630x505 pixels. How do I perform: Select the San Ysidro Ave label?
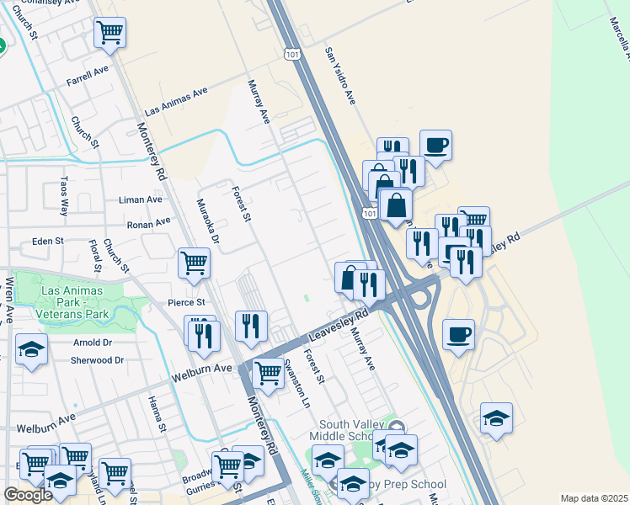(x=340, y=76)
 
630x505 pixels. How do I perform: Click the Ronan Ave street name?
(x=148, y=224)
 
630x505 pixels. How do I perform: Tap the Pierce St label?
(x=186, y=302)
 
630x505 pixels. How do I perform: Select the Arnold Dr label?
(x=93, y=343)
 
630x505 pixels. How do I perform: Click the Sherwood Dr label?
(x=99, y=360)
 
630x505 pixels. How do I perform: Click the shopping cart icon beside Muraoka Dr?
(x=194, y=263)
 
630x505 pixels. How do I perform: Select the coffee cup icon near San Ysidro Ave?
(x=435, y=145)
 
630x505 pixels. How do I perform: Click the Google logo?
(x=28, y=495)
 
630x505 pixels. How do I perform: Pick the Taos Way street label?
(x=64, y=196)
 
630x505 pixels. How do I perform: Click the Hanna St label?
(x=157, y=416)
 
